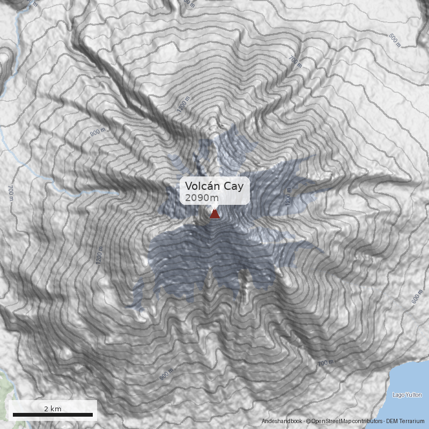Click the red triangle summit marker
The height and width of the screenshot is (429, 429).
click(x=214, y=214)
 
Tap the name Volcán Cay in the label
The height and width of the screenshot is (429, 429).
click(x=214, y=186)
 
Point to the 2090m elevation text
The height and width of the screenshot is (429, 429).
click(x=198, y=198)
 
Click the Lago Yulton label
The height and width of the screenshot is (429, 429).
click(x=406, y=395)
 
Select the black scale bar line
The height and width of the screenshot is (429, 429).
click(x=53, y=415)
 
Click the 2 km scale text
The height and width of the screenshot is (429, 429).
click(x=53, y=409)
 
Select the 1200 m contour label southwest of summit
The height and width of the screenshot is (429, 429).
click(x=98, y=256)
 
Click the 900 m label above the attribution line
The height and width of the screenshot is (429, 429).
click(x=167, y=374)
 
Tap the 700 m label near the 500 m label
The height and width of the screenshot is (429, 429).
click(x=295, y=62)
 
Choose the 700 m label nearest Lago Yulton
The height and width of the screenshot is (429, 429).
click(x=326, y=363)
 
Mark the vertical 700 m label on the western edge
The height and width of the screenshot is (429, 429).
click(x=10, y=193)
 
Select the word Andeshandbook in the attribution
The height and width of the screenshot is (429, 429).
click(x=282, y=421)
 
